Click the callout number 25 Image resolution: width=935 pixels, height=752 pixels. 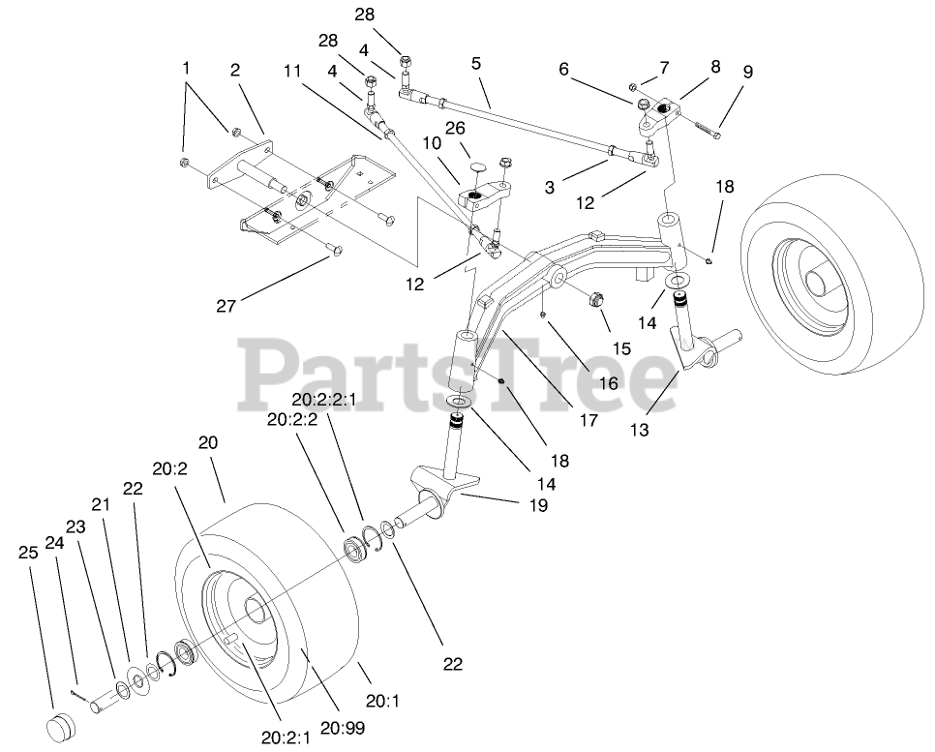[x=27, y=552]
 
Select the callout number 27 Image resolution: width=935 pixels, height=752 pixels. [x=226, y=307]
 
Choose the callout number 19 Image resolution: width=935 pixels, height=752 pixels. [x=538, y=504]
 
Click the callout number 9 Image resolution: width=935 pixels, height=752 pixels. [x=746, y=72]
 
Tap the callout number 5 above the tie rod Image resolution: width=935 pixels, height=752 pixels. [x=475, y=65]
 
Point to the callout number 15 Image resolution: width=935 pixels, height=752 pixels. [x=620, y=347]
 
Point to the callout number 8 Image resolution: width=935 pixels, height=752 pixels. [x=715, y=67]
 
